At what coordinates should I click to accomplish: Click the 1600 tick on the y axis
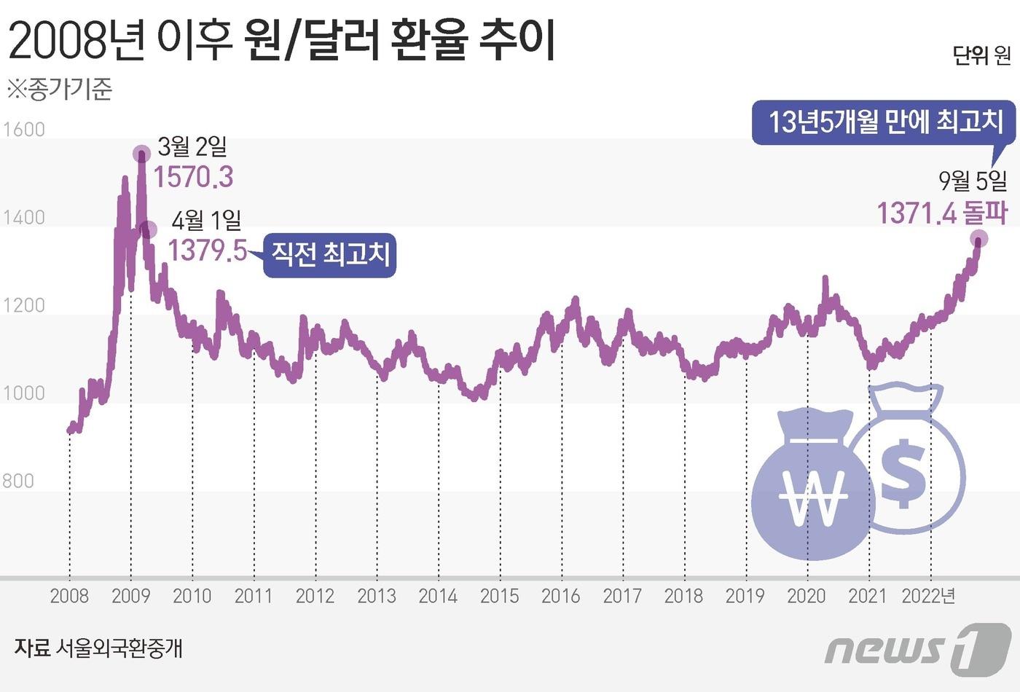[24, 130]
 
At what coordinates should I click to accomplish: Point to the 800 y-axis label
[18, 481]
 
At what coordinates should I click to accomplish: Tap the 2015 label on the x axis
[499, 596]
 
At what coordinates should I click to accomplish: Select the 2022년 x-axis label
[928, 596]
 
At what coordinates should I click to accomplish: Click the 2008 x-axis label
[69, 596]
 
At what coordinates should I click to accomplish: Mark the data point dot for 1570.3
[142, 153]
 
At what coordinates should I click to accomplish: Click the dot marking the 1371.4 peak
[978, 238]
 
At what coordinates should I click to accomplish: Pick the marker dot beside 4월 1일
[148, 230]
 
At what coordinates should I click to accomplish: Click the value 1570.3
[193, 177]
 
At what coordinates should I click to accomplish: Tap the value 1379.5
[208, 251]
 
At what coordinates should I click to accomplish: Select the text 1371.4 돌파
[941, 213]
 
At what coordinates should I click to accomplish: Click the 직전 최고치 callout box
[330, 255]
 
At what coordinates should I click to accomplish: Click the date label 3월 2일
[192, 147]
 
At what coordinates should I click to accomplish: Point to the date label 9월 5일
[973, 180]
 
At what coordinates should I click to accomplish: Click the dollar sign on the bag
[903, 473]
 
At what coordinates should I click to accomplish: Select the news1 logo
[918, 646]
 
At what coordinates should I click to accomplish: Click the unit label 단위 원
[981, 55]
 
